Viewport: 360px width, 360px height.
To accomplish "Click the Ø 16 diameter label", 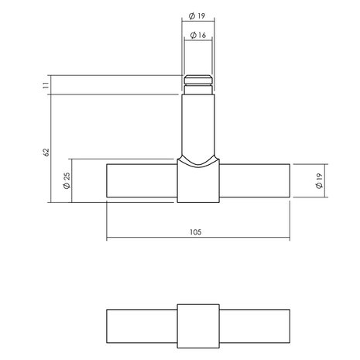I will [x=197, y=36].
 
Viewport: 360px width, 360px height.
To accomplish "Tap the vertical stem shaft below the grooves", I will [x=197, y=124].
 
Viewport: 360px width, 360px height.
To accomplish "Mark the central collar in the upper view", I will [x=197, y=182].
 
